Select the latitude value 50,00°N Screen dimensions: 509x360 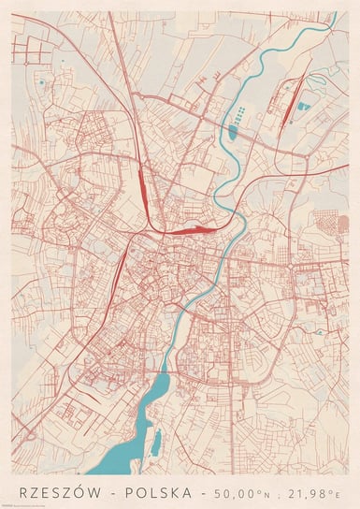pos(242,490)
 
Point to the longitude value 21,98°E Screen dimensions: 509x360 pos(314,490)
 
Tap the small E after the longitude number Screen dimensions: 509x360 pos(338,492)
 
